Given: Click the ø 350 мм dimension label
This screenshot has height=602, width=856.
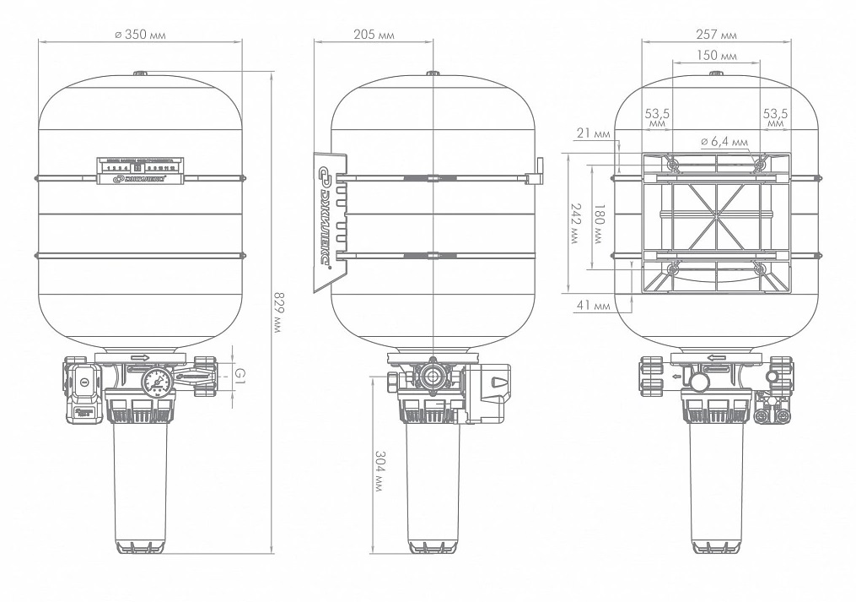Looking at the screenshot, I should [139, 36].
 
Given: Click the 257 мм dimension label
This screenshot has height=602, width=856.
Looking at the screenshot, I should [717, 35].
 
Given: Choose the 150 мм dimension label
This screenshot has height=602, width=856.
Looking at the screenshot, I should [717, 55].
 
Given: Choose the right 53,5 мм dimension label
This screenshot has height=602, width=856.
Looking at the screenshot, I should [775, 117].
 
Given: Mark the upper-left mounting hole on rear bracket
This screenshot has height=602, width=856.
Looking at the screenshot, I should [672, 165].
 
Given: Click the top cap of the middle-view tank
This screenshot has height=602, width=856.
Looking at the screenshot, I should [433, 74].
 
